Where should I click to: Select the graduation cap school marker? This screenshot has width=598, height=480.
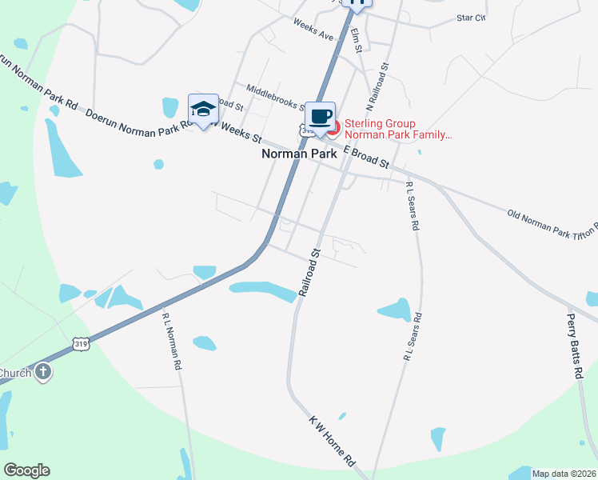(x=203, y=110)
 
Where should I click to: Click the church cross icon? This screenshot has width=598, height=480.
(x=43, y=371)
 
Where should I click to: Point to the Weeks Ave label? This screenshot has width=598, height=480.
(x=313, y=30)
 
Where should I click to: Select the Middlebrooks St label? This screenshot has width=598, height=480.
(x=274, y=98)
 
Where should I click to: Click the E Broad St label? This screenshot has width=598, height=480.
(x=366, y=157)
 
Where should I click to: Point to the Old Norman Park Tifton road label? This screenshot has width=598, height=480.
(x=552, y=223)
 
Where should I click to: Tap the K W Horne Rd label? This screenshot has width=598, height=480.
(x=332, y=441)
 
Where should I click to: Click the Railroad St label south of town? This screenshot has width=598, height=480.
(x=309, y=273)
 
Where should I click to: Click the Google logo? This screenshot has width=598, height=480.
(x=26, y=470)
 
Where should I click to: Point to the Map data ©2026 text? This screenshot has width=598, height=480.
(x=564, y=474)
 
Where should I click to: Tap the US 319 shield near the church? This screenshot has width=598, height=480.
(x=81, y=343)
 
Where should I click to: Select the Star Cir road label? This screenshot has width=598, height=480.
(x=471, y=16)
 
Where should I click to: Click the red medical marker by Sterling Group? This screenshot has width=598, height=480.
(x=333, y=127)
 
